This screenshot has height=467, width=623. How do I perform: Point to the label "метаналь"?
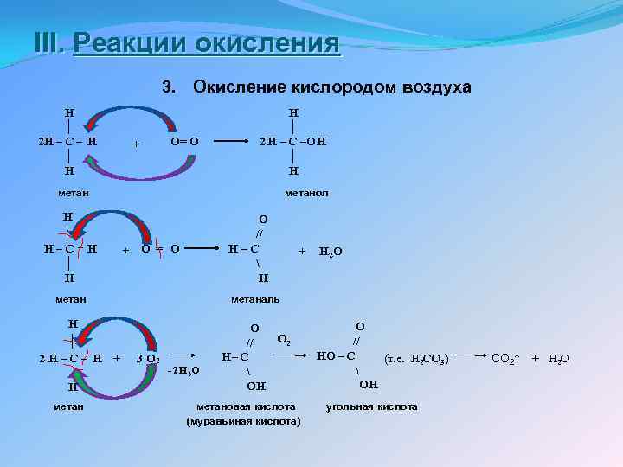click(255, 299)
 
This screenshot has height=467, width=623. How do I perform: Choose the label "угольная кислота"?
click(371, 406)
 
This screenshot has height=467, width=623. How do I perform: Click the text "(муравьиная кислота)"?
click(244, 421)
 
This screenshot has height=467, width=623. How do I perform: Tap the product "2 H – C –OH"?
click(293, 141)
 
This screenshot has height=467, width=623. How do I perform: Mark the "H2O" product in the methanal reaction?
click(330, 253)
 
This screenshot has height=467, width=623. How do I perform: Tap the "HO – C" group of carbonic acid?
click(336, 355)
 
